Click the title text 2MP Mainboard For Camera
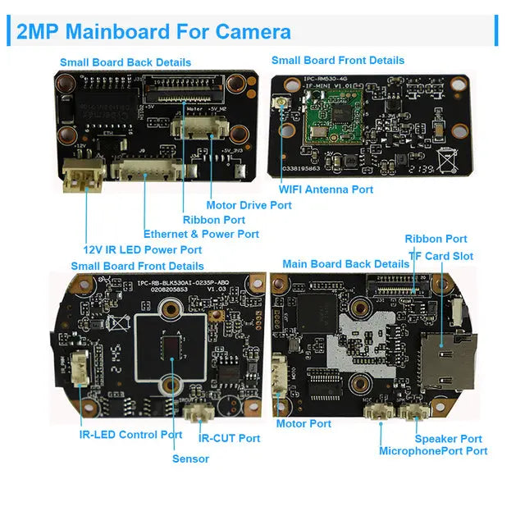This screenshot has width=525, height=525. click(x=153, y=32)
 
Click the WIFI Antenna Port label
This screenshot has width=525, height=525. click(x=326, y=189)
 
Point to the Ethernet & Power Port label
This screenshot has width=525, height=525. click(x=201, y=234)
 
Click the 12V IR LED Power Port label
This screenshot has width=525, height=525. click(x=142, y=249)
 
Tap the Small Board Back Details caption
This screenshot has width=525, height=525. click(x=126, y=62)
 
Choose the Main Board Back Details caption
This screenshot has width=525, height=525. click(x=345, y=264)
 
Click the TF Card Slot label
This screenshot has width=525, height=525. click(x=441, y=256)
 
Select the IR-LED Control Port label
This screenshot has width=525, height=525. click(x=130, y=435)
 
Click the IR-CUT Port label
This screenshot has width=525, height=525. click(x=229, y=438)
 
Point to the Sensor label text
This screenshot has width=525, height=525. click(x=190, y=459)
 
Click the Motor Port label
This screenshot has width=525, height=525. click(x=304, y=423)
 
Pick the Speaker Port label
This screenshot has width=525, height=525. click(x=448, y=439)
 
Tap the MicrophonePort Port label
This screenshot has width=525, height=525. click(x=433, y=451)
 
